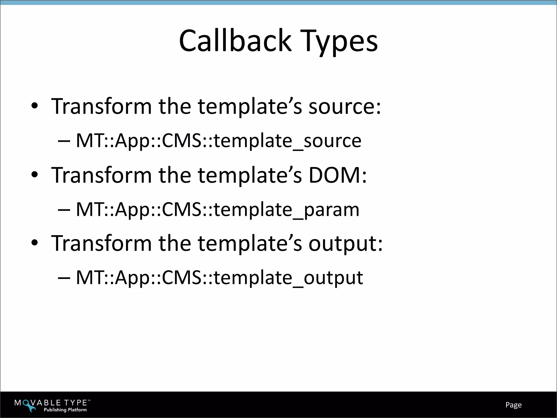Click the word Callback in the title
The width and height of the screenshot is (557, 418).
pos(235,41)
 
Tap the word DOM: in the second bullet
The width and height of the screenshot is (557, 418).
pos(338,175)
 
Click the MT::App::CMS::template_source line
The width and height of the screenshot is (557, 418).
pos(218,141)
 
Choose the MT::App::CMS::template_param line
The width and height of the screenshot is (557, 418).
pos(218,210)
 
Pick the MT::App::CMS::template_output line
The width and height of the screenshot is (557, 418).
pos(219,278)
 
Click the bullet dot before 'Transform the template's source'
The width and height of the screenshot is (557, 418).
pos(34,106)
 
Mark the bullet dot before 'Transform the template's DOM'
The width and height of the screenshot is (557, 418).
pos(34,175)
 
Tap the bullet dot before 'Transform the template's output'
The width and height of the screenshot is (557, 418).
pos(34,243)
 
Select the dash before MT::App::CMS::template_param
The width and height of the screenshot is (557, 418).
pos(64,210)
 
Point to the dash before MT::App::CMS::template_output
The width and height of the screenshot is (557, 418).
pos(64,278)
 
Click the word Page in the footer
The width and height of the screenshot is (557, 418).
pos(513,405)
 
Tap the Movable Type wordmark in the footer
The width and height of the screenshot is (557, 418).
pos(52,403)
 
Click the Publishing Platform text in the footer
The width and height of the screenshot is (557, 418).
pos(65,410)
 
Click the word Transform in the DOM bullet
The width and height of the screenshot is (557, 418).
pos(101,175)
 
